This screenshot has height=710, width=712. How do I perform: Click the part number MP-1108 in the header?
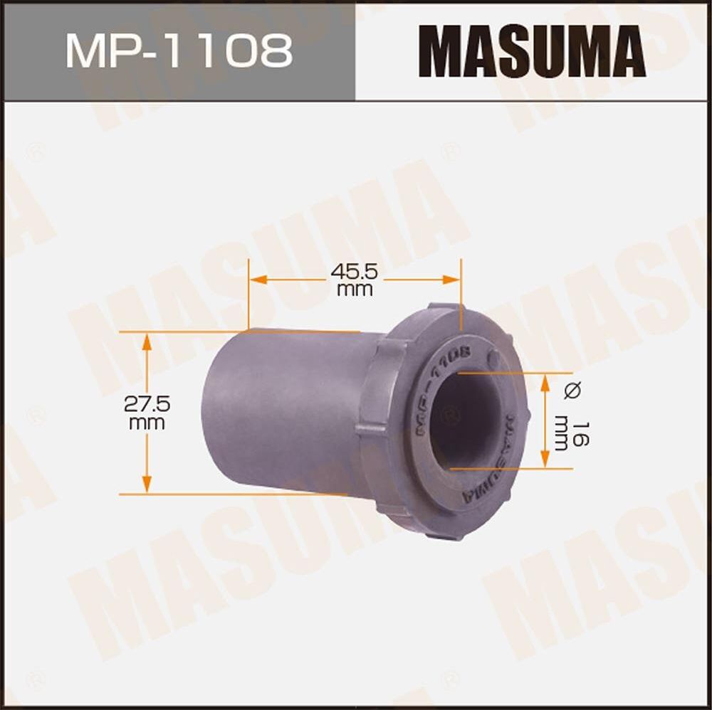coord(179,51)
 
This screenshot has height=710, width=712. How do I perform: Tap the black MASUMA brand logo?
coord(532,51)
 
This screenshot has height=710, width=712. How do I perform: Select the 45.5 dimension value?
coord(355,271)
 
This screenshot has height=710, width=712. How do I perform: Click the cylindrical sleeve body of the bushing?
coord(285,413)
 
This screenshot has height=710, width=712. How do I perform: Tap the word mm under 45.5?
coord(355,290)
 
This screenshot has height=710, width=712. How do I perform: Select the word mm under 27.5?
coord(147,423)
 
